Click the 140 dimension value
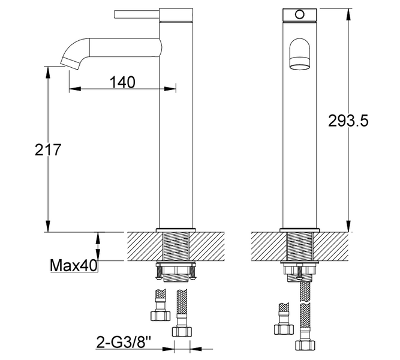(x=122, y=82)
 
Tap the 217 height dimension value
(x=48, y=149)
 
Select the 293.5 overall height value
(x=348, y=121)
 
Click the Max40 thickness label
(x=74, y=266)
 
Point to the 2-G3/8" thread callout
(x=124, y=343)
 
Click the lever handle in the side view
(x=137, y=14)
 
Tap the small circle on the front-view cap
(x=300, y=14)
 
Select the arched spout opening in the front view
(x=300, y=54)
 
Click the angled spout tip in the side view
(x=70, y=63)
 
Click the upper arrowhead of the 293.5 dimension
(x=348, y=14)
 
